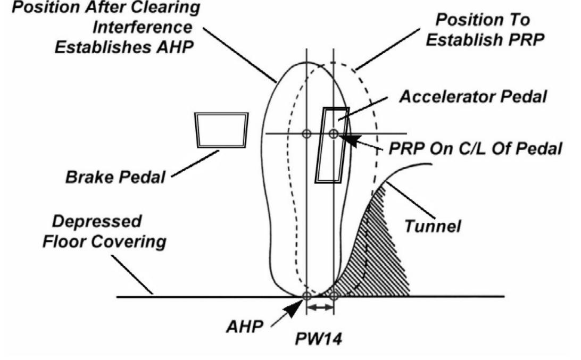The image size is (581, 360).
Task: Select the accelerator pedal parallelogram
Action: point(331,145)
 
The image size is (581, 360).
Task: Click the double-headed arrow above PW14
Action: point(320,307)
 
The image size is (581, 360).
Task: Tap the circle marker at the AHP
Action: point(306,296)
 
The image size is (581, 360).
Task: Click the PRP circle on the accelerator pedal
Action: point(333,133)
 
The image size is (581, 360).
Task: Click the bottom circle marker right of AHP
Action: point(333,296)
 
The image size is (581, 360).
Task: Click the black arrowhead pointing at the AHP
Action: point(292,308)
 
